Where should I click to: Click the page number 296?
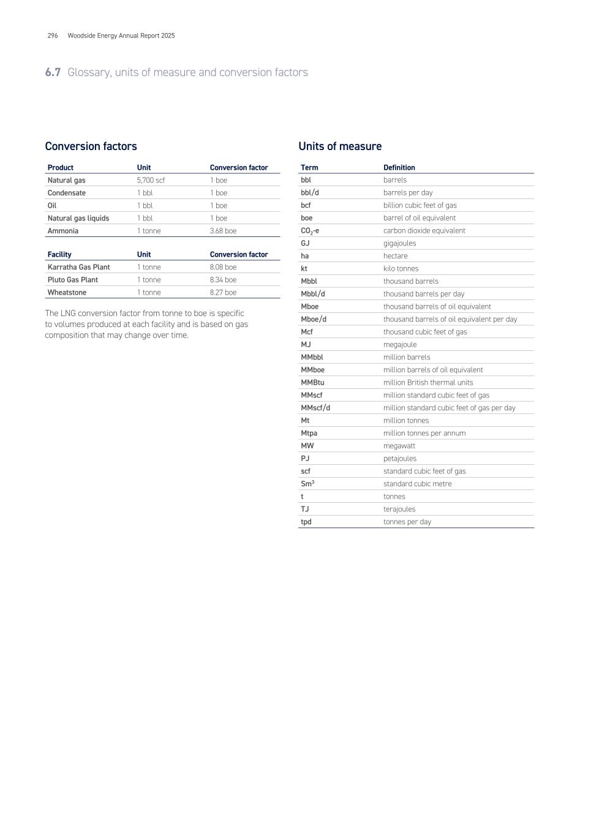click(x=53, y=36)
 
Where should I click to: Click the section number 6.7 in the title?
click(x=53, y=72)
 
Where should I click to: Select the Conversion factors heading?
click(x=91, y=146)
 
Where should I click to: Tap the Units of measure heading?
click(x=340, y=146)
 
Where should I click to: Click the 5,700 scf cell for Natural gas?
click(x=151, y=180)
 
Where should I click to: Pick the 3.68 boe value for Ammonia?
click(x=223, y=231)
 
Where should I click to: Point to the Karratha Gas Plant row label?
click(x=78, y=267)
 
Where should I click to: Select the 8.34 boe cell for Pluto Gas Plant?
click(x=223, y=280)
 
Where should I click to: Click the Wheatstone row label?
click(x=67, y=293)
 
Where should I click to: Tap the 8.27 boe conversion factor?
click(x=223, y=293)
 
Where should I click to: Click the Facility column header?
click(x=59, y=254)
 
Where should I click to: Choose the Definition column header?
click(x=399, y=167)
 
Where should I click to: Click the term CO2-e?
click(x=310, y=231)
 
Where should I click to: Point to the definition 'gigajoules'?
click(x=399, y=243)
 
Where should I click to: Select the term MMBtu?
click(x=312, y=383)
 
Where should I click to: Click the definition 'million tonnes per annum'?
click(x=424, y=433)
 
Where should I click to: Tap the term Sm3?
click(x=307, y=484)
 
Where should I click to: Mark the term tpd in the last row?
click(x=306, y=522)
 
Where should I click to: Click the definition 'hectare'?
click(x=395, y=256)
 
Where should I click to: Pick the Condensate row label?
click(x=67, y=193)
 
